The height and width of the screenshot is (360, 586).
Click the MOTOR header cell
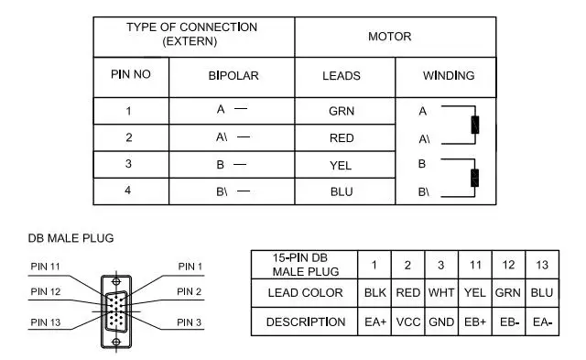(389, 37)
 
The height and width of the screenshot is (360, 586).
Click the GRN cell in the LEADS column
(342, 111)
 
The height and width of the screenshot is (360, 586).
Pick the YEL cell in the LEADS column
(341, 165)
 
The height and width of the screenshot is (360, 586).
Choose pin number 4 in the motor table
(128, 191)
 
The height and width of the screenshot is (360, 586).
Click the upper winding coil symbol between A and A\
(475, 125)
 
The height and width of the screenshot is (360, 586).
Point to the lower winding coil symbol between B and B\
(474, 178)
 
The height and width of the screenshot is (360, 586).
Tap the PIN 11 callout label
(45, 267)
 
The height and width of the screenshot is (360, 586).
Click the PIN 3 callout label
(190, 322)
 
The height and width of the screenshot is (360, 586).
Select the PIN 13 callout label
(46, 322)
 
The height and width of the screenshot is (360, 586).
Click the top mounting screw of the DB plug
(116, 281)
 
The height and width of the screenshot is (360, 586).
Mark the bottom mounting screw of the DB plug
(116, 342)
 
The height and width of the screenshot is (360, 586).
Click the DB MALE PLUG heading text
(71, 238)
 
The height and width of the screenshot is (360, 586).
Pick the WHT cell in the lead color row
(441, 293)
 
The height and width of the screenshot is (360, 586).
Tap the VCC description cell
(408, 322)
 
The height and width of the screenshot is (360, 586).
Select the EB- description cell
(509, 322)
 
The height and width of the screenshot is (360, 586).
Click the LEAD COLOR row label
(305, 293)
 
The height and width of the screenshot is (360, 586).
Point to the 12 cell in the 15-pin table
(508, 265)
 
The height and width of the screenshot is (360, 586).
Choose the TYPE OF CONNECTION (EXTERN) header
(191, 34)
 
